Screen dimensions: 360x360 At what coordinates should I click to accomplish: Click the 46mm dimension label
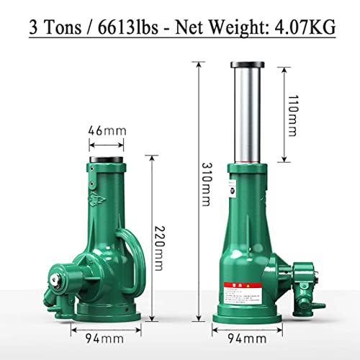point(107,132)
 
